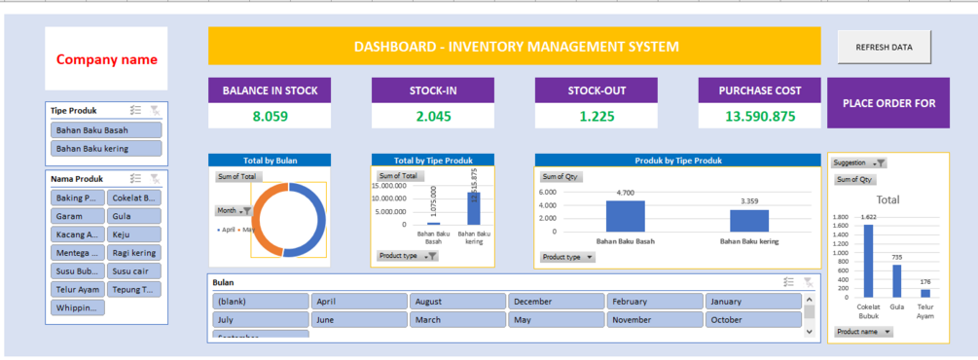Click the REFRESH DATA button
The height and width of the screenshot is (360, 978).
tap(884, 47)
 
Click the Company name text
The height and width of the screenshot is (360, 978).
tap(106, 59)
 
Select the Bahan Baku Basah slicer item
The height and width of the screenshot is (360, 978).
tap(106, 129)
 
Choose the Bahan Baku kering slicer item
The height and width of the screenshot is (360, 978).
tap(106, 149)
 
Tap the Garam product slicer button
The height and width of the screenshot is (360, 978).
tap(77, 216)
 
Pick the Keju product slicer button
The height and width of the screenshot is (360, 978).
tap(134, 234)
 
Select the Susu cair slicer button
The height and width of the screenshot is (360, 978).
tap(134, 271)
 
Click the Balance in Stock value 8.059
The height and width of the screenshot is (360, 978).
tap(270, 116)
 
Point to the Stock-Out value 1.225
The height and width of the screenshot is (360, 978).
tap(597, 116)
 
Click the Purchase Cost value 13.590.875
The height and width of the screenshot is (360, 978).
tap(760, 116)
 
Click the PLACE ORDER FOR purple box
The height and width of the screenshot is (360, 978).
tap(887, 103)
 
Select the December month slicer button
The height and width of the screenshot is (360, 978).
tap(556, 302)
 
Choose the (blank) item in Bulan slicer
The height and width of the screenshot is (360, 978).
tap(260, 302)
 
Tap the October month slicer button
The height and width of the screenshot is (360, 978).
tap(753, 319)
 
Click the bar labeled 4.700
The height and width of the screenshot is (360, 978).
tap(625, 215)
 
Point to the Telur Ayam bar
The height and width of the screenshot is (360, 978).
tap(924, 292)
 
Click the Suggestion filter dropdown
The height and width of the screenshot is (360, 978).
tap(859, 163)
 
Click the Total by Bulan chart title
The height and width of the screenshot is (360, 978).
tap(270, 160)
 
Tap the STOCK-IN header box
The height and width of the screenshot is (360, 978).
tap(433, 90)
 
